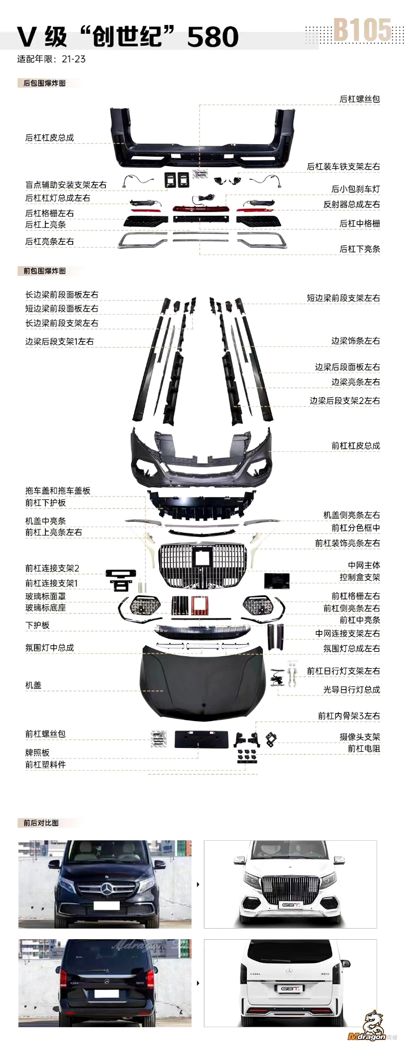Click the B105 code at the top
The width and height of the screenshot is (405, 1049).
point(362,31)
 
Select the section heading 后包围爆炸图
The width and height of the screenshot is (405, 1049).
point(44,83)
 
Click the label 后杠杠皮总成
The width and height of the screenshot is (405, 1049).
point(49,138)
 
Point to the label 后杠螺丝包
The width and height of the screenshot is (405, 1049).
point(360,99)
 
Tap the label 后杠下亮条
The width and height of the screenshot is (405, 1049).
point(360,249)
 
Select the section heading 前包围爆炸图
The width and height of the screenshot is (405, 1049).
point(44,270)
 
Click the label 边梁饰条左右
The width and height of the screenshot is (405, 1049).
point(355,340)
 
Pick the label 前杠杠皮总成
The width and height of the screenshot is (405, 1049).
point(355,445)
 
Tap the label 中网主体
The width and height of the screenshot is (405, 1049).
point(364,565)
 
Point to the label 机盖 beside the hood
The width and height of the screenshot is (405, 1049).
point(33,685)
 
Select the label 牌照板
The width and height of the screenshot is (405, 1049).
point(37,752)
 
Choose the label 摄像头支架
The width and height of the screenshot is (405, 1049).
point(360,736)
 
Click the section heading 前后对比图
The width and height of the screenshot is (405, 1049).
point(41,822)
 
